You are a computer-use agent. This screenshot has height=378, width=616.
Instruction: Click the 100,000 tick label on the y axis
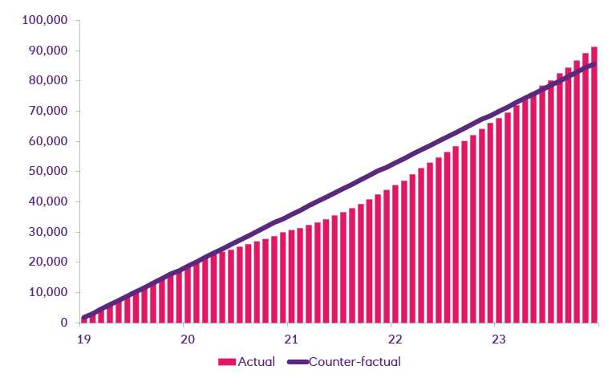pyautogui.click(x=44, y=20)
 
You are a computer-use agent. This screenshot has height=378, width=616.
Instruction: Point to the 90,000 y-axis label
pyautogui.click(x=47, y=51)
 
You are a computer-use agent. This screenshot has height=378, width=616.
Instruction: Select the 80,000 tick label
pyautogui.click(x=47, y=80)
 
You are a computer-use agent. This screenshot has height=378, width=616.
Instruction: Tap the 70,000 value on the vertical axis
pyautogui.click(x=47, y=111)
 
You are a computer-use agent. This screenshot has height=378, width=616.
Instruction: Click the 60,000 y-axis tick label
pyautogui.click(x=47, y=141)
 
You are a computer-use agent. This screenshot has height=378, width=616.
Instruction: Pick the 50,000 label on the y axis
pyautogui.click(x=47, y=171)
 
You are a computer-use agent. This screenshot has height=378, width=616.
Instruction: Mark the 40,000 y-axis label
pyautogui.click(x=47, y=201)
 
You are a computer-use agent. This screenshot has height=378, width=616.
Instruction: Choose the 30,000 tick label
pyautogui.click(x=47, y=232)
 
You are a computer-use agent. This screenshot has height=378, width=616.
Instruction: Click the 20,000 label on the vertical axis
pyautogui.click(x=47, y=262)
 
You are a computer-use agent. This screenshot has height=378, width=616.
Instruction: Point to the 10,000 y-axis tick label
pyautogui.click(x=47, y=292)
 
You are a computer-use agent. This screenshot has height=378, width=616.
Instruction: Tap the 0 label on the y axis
pyautogui.click(x=63, y=323)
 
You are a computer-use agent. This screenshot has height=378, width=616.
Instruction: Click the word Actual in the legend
pyautogui.click(x=257, y=362)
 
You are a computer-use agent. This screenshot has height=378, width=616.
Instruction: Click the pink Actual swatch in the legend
pyautogui.click(x=227, y=362)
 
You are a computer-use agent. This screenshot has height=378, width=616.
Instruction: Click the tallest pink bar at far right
pyautogui.click(x=594, y=185)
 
